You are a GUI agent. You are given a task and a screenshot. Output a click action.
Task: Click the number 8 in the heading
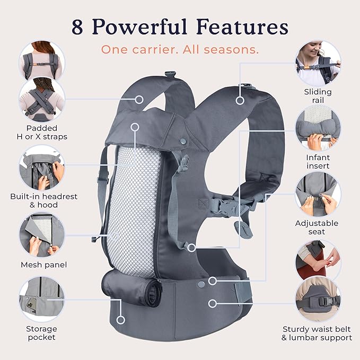pyautogui.click(x=77, y=27)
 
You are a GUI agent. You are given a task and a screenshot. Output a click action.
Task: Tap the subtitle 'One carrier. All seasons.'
pyautogui.click(x=180, y=50)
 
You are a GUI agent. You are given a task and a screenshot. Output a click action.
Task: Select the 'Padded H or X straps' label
pyautogui.click(x=42, y=133)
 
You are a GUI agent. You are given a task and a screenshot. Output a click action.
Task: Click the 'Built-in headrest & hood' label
pyautogui.click(x=43, y=200)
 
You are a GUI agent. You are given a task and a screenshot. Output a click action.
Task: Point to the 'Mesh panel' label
pyautogui.click(x=43, y=265)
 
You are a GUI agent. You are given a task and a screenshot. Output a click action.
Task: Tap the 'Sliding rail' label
pyautogui.click(x=318, y=96)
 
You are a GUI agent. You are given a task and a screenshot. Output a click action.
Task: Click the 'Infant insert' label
pyautogui.click(x=318, y=162)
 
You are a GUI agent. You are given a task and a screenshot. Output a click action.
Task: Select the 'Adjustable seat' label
pyautogui.click(x=317, y=227)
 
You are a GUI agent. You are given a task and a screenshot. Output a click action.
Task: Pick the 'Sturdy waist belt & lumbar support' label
pyautogui.click(x=317, y=333)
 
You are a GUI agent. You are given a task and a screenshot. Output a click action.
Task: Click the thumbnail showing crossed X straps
pyautogui.click(x=41, y=100)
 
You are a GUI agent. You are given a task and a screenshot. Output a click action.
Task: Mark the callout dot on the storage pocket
pyautogui.click(x=121, y=320)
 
